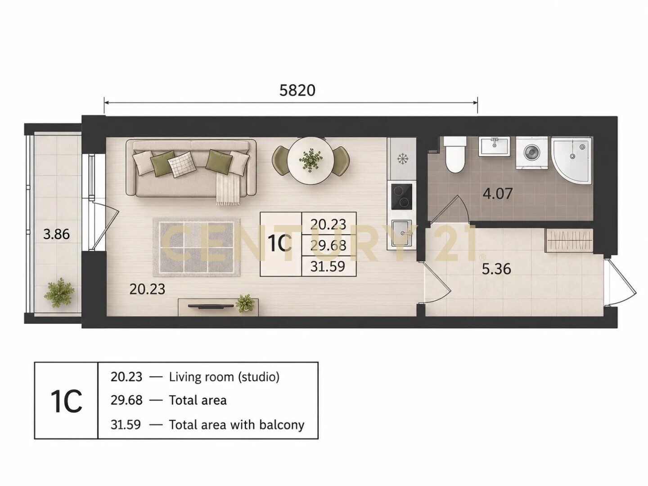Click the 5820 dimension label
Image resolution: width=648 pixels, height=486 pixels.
coord(297,90)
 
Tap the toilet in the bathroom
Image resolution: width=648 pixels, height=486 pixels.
coord(455,154)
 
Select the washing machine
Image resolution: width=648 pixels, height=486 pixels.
coord(532,153)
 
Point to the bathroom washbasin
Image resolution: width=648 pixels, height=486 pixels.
coord(495,146)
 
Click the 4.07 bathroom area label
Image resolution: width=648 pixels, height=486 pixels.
coord(497,194)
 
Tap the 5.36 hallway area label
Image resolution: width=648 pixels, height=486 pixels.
coord(496,269)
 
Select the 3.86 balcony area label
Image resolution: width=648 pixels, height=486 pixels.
coord(56,234)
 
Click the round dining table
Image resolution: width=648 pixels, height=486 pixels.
coord(310,161)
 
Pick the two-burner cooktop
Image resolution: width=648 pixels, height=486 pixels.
coord(401,196)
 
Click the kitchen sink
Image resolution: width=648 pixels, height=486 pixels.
coord(401,233)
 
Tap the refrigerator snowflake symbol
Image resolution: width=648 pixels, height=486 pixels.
coord(402,159)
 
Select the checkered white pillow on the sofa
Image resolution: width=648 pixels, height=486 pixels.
coord(182,164)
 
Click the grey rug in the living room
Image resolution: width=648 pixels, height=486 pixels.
coord(197,247)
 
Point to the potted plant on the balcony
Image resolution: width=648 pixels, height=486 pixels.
coord(59,292)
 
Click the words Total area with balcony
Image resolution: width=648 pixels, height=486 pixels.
coord(236,425)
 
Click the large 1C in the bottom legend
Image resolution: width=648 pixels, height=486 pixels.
coord(66,401)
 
